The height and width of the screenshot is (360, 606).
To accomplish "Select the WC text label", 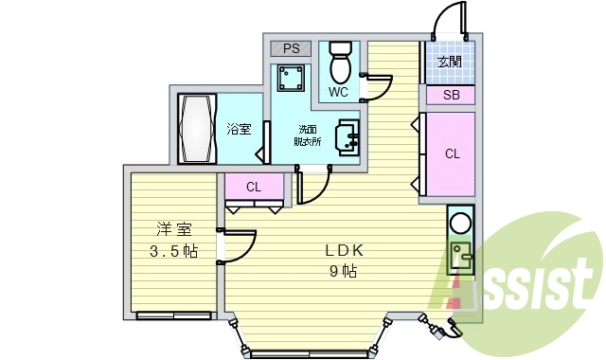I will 339,92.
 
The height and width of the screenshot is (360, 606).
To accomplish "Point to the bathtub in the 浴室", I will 198,129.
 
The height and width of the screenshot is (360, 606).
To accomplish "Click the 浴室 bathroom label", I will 239,130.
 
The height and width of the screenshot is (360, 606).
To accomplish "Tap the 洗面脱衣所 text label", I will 309,135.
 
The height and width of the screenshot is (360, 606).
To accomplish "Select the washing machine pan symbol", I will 291,77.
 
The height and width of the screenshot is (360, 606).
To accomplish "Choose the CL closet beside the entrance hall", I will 452,154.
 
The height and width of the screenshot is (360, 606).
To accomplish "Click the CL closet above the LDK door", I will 254,187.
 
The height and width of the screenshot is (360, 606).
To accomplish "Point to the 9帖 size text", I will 343,272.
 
